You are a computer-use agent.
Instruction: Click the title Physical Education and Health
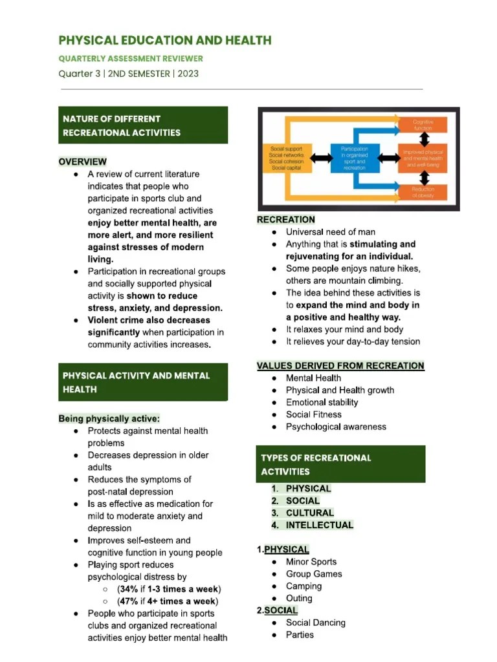tap(165, 40)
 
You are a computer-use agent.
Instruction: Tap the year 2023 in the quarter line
tap(186, 74)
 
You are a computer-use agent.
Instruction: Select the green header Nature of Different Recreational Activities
tap(143, 125)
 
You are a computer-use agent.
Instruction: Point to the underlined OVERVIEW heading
tap(83, 162)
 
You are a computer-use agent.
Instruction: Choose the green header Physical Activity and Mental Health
tap(143, 382)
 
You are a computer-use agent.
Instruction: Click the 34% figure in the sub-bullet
tap(128, 589)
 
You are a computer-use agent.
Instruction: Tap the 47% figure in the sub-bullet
tap(128, 601)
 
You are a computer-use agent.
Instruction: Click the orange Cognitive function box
tap(423, 124)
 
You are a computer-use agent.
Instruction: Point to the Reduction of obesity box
tap(423, 191)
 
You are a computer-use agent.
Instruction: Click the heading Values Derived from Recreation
tap(340, 366)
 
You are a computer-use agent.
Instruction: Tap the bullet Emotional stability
tap(322, 402)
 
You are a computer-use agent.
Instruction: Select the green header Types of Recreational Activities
tap(340, 464)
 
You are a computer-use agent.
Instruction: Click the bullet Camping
tap(304, 586)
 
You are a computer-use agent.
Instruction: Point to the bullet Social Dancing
tap(315, 623)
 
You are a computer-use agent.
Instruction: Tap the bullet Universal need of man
tap(330, 232)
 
